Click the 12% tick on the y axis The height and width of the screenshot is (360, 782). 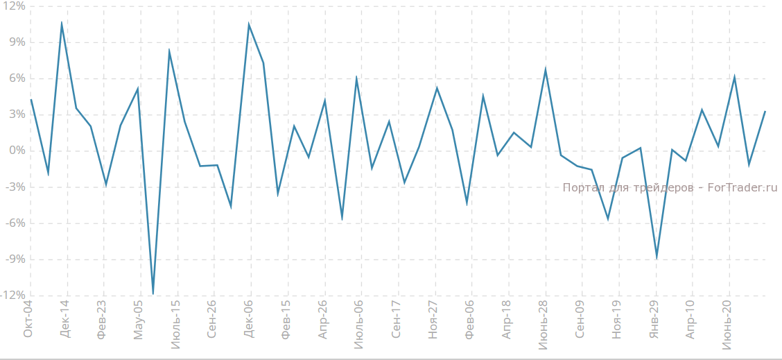point(14,6)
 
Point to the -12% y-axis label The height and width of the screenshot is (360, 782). point(12,295)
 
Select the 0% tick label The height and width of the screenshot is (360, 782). point(17,151)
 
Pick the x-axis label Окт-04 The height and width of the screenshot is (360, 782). point(28,320)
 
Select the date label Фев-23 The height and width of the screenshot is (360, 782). point(102,320)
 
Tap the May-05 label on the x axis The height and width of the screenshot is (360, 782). point(138,320)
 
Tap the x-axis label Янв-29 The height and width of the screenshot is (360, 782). point(654,320)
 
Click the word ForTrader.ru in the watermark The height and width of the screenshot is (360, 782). point(742,187)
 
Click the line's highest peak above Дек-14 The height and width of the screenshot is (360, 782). point(62,23)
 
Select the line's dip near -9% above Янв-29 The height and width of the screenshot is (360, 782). point(656,257)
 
